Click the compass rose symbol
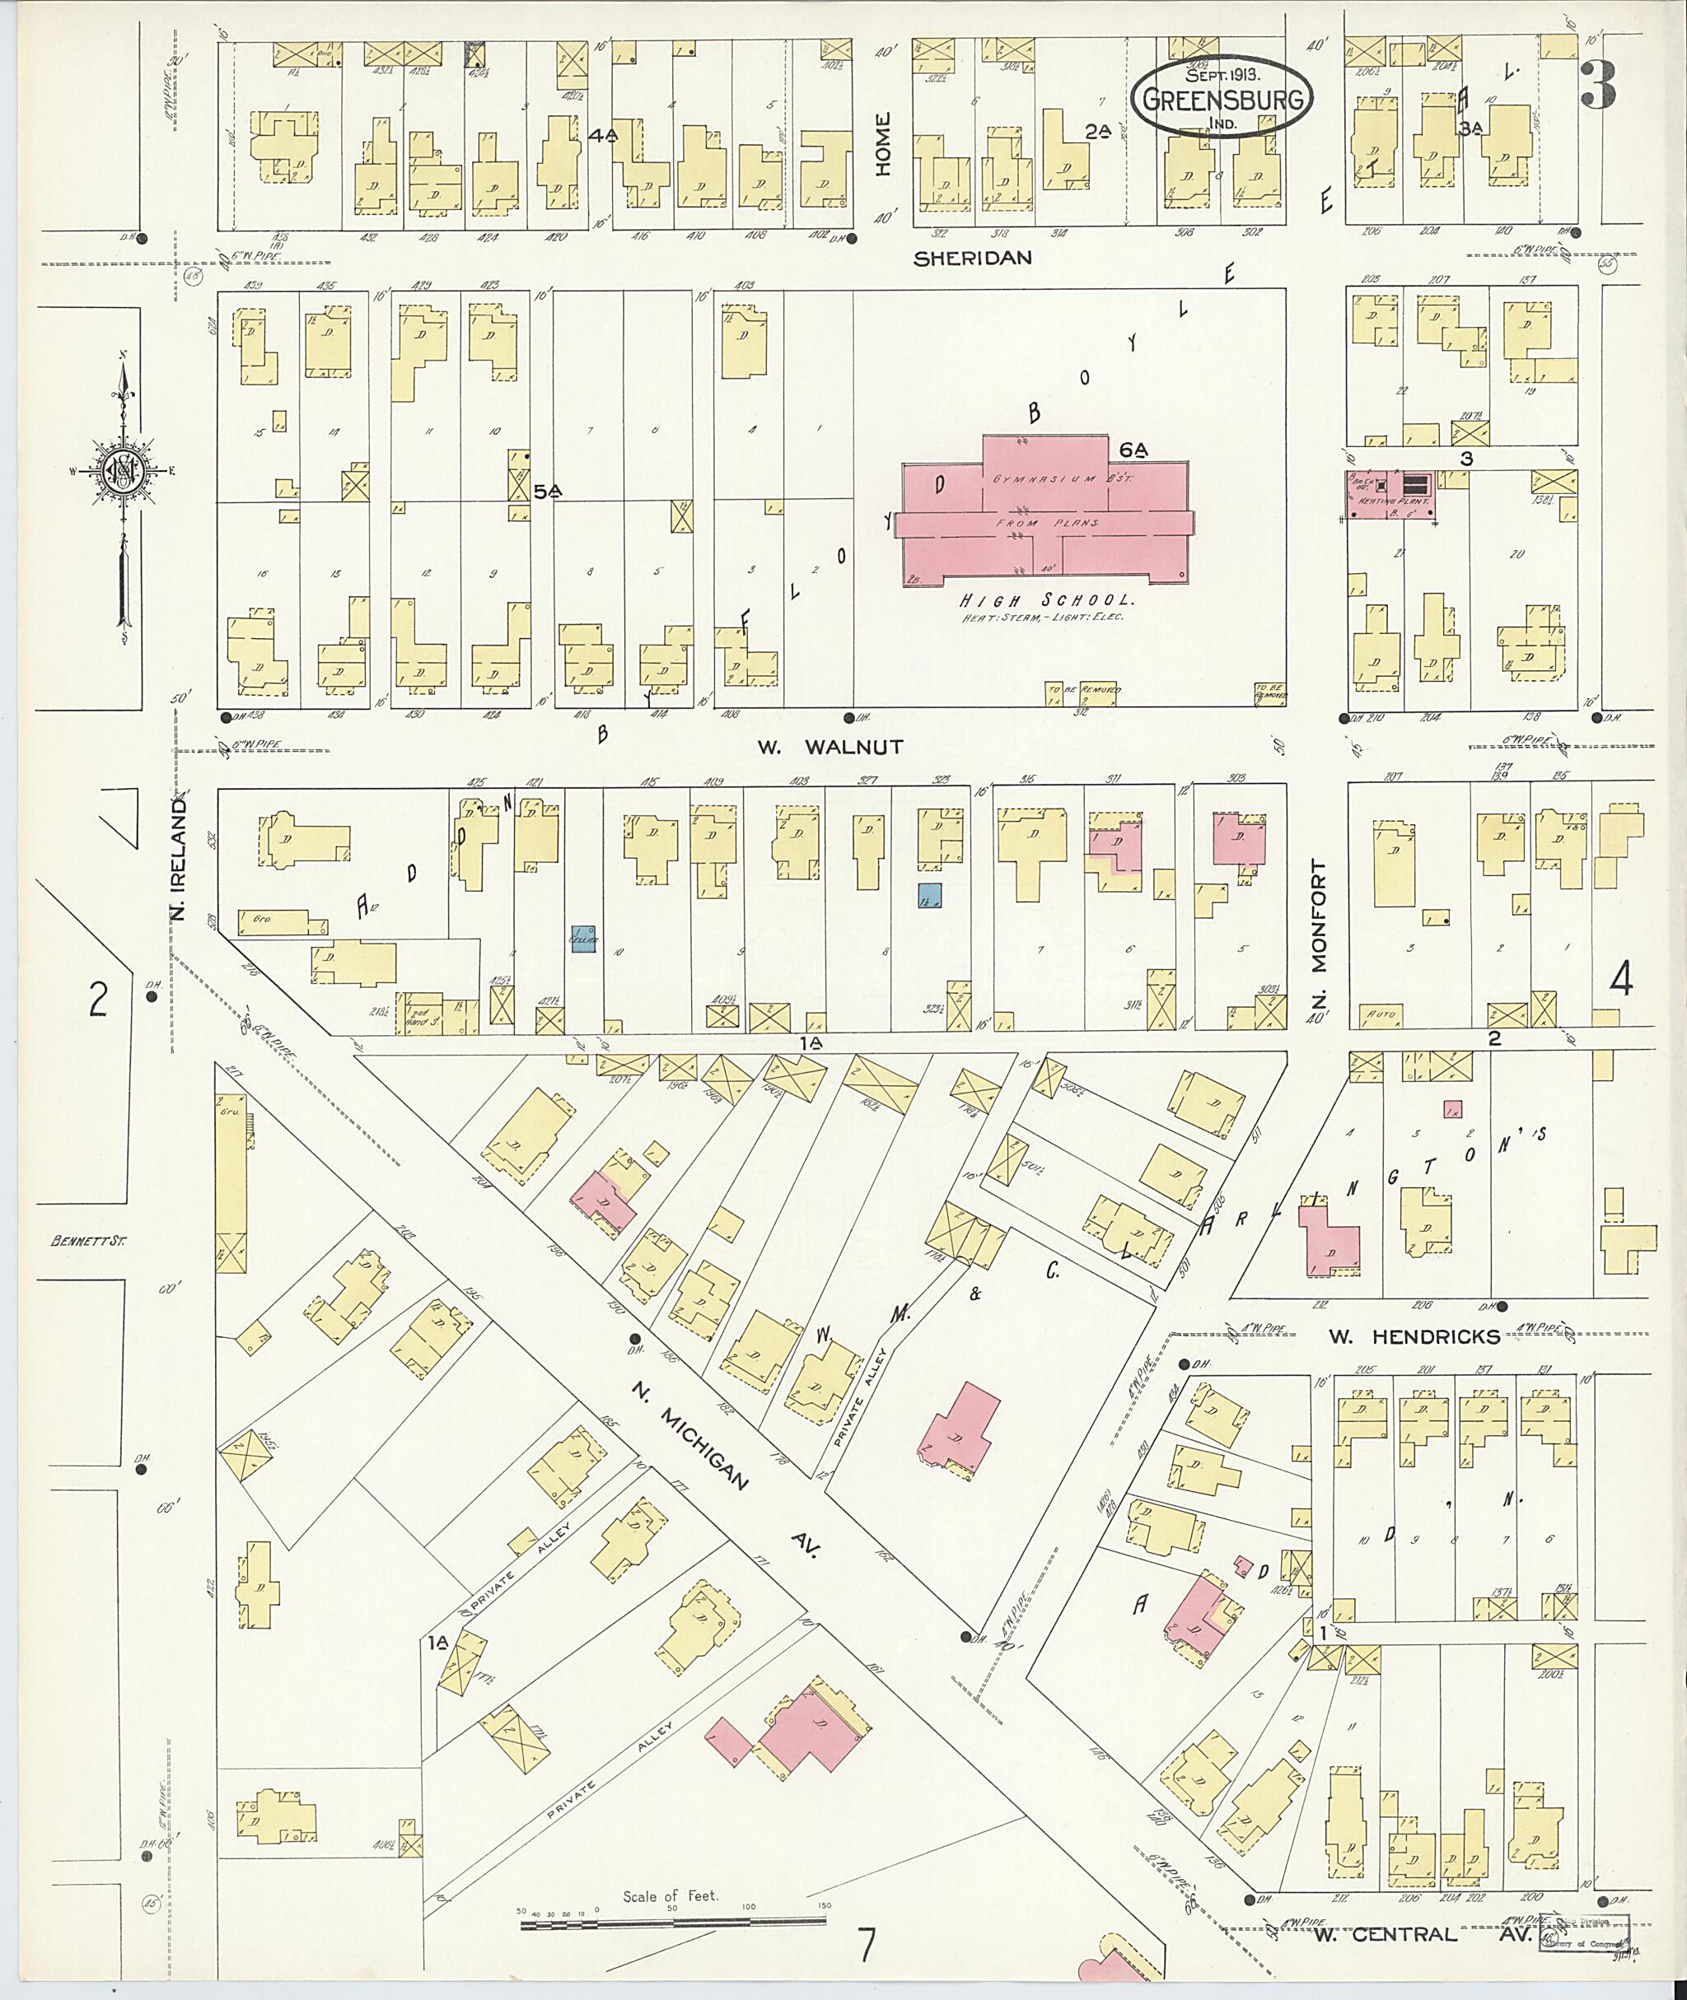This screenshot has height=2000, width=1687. [124, 470]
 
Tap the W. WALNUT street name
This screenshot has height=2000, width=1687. [829, 747]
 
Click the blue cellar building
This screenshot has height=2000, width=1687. [584, 939]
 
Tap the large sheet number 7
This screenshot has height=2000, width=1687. [867, 1946]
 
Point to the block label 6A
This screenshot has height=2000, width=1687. [1133, 450]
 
